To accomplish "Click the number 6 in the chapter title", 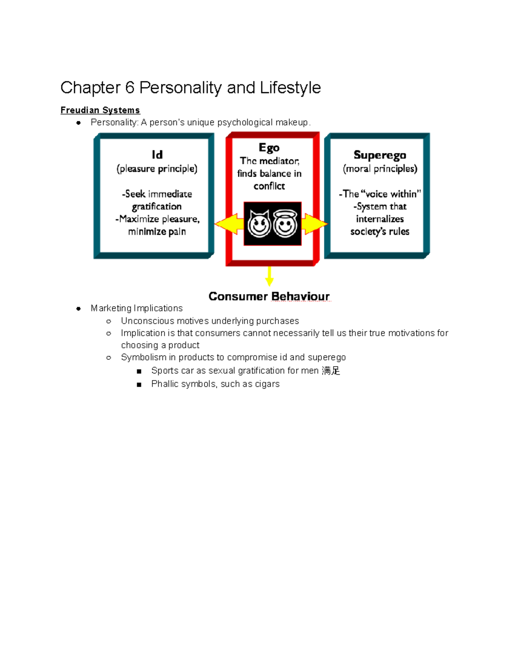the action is (130, 88).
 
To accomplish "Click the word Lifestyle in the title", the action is (290, 88).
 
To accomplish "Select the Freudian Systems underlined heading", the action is (100, 110).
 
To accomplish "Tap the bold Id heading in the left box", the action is (157, 154).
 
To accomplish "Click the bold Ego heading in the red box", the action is (269, 148).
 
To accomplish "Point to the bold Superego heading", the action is (380, 155).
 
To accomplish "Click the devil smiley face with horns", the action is (260, 223).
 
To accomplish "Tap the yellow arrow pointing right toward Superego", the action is (315, 224).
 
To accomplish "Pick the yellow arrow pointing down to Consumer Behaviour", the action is (270, 277).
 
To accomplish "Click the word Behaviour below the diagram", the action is (300, 296).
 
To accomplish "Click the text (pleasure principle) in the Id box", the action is (157, 169).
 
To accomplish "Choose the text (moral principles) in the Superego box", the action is (380, 169).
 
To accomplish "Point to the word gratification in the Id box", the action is (157, 207).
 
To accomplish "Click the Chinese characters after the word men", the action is (331, 371).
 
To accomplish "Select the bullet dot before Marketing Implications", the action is (79, 308).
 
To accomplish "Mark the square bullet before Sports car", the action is (139, 371).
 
